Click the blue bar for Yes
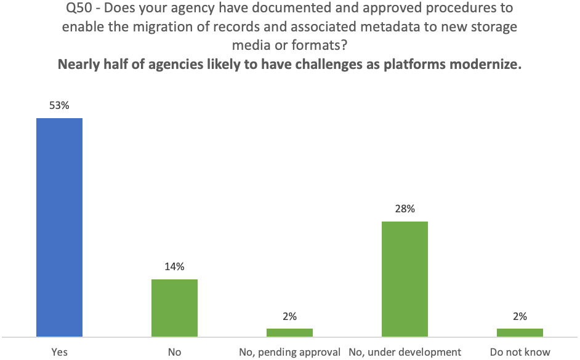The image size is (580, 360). pyautogui.click(x=60, y=227)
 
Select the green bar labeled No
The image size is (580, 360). pyautogui.click(x=174, y=308)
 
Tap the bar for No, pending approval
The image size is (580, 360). pyautogui.click(x=289, y=332)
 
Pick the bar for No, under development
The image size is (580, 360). pyautogui.click(x=405, y=279)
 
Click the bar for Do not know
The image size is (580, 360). pyautogui.click(x=520, y=332)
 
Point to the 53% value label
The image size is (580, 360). pyautogui.click(x=60, y=106)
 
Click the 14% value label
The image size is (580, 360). pyautogui.click(x=174, y=267)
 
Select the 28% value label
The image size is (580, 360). pyautogui.click(x=405, y=209)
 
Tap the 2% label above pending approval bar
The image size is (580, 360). pyautogui.click(x=289, y=316)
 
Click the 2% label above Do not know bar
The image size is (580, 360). pyautogui.click(x=520, y=316)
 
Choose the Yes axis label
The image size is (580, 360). pyautogui.click(x=60, y=352)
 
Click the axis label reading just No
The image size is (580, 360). pyautogui.click(x=174, y=352)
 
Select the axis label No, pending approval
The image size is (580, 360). pyautogui.click(x=289, y=352)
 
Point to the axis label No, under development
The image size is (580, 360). pyautogui.click(x=405, y=352)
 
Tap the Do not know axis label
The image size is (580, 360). pyautogui.click(x=520, y=352)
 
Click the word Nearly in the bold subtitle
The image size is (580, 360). pyautogui.click(x=78, y=66)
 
